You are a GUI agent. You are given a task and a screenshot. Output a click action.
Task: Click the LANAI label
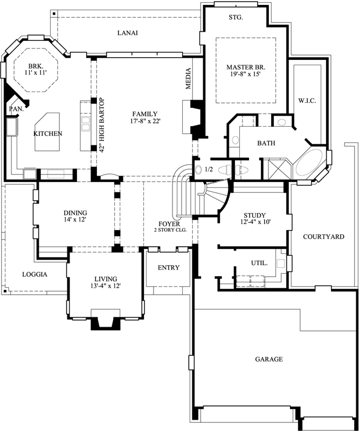[128, 33]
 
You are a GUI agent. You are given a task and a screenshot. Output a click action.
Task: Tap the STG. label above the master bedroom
[236, 17]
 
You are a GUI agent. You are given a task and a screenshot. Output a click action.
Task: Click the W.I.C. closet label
[307, 101]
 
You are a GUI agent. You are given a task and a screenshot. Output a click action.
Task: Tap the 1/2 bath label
[209, 170]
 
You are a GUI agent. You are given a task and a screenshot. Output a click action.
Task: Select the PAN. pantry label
[14, 109]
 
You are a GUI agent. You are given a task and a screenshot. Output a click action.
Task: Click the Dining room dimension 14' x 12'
[75, 219]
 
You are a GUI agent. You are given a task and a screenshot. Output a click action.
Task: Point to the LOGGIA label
[34, 274]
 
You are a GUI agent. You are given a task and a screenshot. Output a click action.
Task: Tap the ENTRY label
[169, 268]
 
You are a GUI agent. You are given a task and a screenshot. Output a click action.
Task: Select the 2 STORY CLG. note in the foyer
[169, 230]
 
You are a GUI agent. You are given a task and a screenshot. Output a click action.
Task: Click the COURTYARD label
[323, 237]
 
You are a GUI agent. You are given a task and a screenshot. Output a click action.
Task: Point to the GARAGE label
[268, 359]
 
